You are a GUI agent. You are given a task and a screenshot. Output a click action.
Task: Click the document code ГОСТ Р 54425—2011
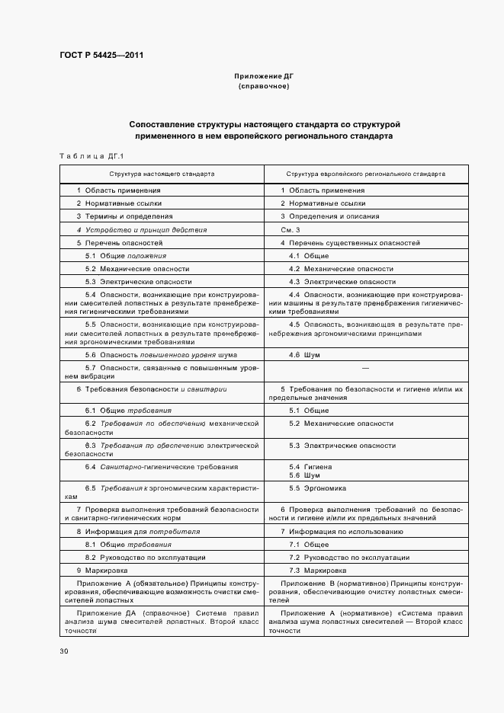(101, 56)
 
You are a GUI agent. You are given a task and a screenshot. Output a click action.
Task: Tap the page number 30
(63, 651)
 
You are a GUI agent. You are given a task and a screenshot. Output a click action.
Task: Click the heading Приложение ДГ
(263, 77)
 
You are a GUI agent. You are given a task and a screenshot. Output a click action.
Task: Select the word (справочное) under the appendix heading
(263, 87)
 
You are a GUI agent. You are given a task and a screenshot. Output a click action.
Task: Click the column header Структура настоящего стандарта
(161, 174)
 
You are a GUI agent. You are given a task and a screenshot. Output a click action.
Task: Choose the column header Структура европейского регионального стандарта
(365, 174)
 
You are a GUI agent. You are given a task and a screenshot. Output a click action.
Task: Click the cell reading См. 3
(291, 229)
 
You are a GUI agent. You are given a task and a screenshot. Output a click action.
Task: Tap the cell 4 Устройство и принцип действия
(141, 229)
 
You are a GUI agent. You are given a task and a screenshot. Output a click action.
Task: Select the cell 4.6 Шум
(303, 355)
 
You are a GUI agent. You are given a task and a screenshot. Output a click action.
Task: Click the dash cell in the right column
(364, 368)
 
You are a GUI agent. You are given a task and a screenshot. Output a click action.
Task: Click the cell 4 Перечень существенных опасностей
(350, 242)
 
